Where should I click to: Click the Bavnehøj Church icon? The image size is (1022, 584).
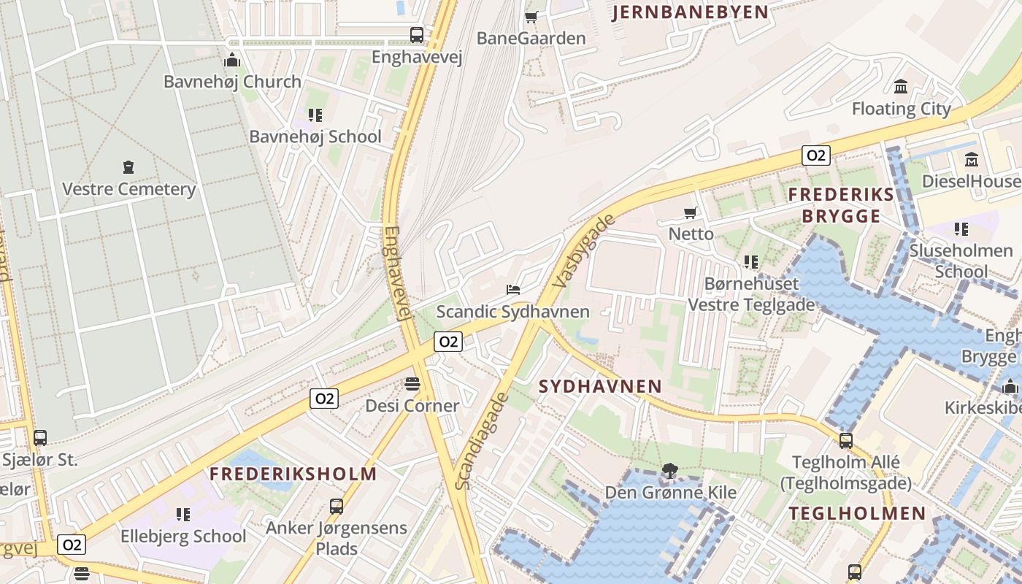(x=232, y=60)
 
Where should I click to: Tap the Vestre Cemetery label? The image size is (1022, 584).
(x=128, y=189)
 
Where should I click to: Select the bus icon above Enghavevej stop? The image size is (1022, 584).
(x=416, y=34)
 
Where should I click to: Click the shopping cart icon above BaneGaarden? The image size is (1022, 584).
(x=531, y=16)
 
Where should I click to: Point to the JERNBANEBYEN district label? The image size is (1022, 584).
(x=690, y=12)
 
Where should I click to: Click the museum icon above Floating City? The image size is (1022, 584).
(x=901, y=87)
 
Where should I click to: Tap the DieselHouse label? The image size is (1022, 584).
(x=970, y=181)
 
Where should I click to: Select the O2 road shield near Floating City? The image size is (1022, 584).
(x=815, y=155)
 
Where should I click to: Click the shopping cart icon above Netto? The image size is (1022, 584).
(x=691, y=212)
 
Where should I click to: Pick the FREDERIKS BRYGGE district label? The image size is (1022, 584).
(x=841, y=205)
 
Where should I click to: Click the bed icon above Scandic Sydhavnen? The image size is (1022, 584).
(x=513, y=290)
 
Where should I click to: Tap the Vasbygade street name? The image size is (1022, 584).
(x=585, y=250)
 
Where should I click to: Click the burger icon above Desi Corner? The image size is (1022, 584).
(x=412, y=384)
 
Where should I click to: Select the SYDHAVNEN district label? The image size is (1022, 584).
(x=600, y=386)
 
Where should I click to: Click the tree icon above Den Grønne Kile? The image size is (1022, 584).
(x=669, y=471)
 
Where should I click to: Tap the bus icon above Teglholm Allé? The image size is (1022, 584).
(x=845, y=440)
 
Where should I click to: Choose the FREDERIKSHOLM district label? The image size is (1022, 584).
(x=293, y=474)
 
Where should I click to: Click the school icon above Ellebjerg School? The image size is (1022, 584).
(x=183, y=515)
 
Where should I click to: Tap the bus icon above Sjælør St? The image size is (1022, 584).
(x=40, y=438)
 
